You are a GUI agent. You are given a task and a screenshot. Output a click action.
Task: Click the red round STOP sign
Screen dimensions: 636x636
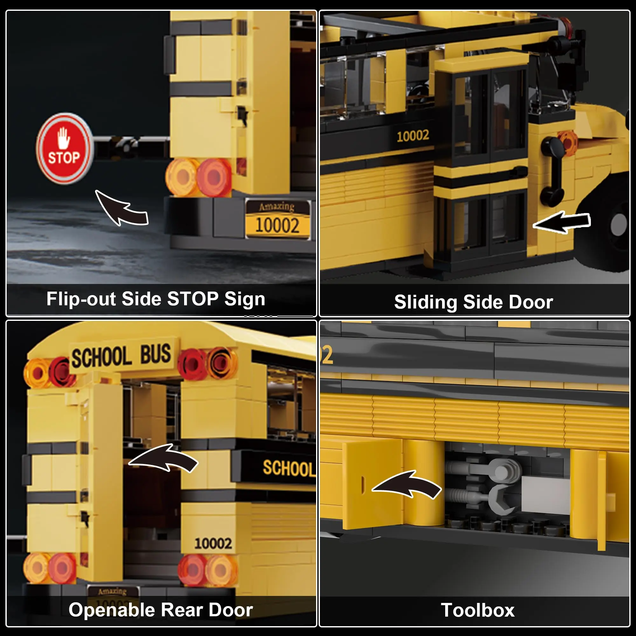[x=65, y=149]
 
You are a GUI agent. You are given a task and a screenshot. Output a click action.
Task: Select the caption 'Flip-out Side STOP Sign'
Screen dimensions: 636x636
[x=156, y=299]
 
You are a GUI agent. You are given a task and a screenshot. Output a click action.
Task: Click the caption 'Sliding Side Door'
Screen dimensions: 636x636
[x=474, y=302]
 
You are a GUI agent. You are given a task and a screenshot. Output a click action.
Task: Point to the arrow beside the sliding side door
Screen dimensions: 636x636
[x=562, y=222]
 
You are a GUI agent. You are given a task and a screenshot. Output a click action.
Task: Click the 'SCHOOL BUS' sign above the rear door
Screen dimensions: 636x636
[x=121, y=356]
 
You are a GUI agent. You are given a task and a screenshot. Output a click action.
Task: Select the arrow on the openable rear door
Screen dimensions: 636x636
[x=163, y=459]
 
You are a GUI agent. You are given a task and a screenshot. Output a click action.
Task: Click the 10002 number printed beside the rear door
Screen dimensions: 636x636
[x=213, y=543]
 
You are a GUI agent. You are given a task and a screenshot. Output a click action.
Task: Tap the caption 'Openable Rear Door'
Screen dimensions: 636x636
[x=161, y=610]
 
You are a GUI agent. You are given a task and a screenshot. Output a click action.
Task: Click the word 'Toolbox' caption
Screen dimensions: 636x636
[x=477, y=610]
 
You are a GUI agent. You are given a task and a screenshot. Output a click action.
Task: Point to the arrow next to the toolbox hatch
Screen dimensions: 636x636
[x=407, y=485]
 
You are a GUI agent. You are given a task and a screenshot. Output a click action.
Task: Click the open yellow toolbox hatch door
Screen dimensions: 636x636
[x=372, y=484]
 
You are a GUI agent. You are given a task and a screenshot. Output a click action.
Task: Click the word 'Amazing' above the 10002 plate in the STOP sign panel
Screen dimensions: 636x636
[x=277, y=206]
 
